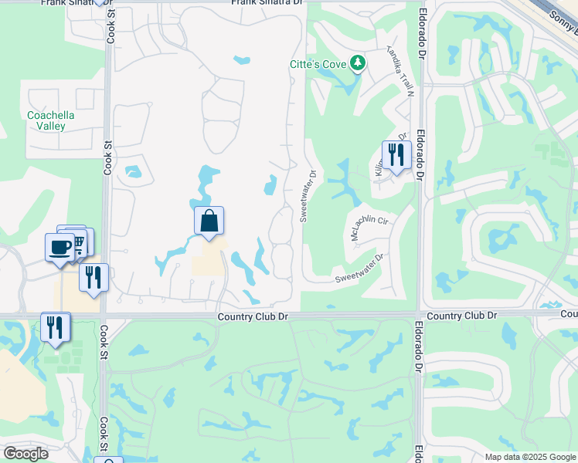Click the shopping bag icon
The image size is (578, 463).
pos(209,221)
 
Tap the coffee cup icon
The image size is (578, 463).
pos(60,248)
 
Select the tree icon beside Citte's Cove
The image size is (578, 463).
pos(357,63)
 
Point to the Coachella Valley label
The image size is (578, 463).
pos(51,120)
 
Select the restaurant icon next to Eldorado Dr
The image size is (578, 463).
pos(395,155)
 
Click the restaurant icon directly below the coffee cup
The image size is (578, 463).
pos(93,277)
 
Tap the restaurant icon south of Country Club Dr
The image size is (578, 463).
pos(55,326)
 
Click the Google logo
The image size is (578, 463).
pos(26,454)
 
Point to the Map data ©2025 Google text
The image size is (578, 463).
pos(530,457)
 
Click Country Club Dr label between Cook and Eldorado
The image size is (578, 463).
pos(253,316)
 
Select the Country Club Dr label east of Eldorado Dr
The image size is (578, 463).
pos(461,316)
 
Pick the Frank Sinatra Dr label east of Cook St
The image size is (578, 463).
pos(266,3)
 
